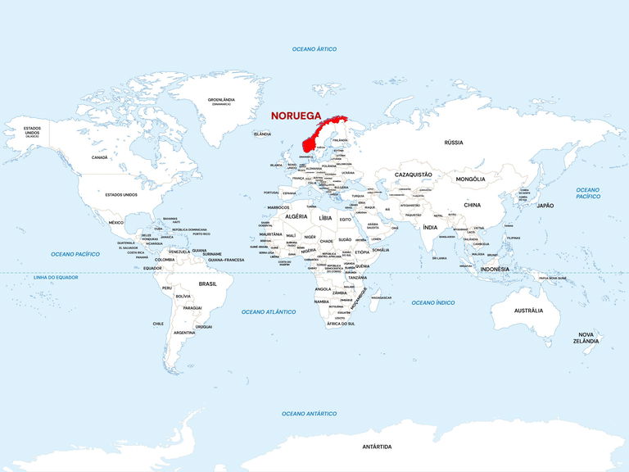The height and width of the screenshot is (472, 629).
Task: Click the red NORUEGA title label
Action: [x=296, y=116]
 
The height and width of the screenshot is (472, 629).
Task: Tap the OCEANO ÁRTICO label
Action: [x=314, y=50]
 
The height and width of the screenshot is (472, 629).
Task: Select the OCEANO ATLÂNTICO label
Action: [x=269, y=311]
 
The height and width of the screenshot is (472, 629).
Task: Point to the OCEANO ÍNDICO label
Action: [x=433, y=302]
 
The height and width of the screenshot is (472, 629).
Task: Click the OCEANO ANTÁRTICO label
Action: [x=310, y=413]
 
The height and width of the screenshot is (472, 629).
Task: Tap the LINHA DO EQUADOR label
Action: [x=56, y=278]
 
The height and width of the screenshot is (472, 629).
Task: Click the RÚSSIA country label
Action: [x=453, y=142]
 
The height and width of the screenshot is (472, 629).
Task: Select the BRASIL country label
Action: [x=208, y=284]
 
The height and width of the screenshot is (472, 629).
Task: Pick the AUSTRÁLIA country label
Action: [x=528, y=311]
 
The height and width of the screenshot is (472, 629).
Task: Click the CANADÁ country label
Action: [x=99, y=157]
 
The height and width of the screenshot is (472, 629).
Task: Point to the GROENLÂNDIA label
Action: [x=221, y=101]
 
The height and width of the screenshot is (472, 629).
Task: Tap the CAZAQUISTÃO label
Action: [x=414, y=175]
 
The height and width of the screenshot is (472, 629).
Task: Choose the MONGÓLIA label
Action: [x=470, y=179]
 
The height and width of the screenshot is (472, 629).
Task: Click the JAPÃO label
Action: [x=545, y=206]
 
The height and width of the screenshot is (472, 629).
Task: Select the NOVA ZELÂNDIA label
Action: [x=586, y=338]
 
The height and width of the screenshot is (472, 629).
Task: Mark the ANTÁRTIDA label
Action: [x=377, y=447]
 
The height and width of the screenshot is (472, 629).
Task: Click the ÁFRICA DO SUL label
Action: [x=341, y=324]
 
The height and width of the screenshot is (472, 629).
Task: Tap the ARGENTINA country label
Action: [x=184, y=333]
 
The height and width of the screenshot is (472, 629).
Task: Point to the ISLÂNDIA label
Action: [x=262, y=134]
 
